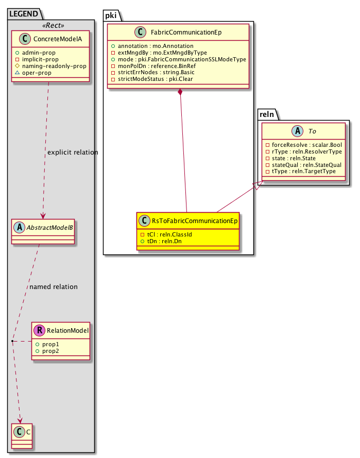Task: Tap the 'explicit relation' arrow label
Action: [x=72, y=152]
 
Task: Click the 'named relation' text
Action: [x=54, y=286]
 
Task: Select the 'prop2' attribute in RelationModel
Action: [x=50, y=350]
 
